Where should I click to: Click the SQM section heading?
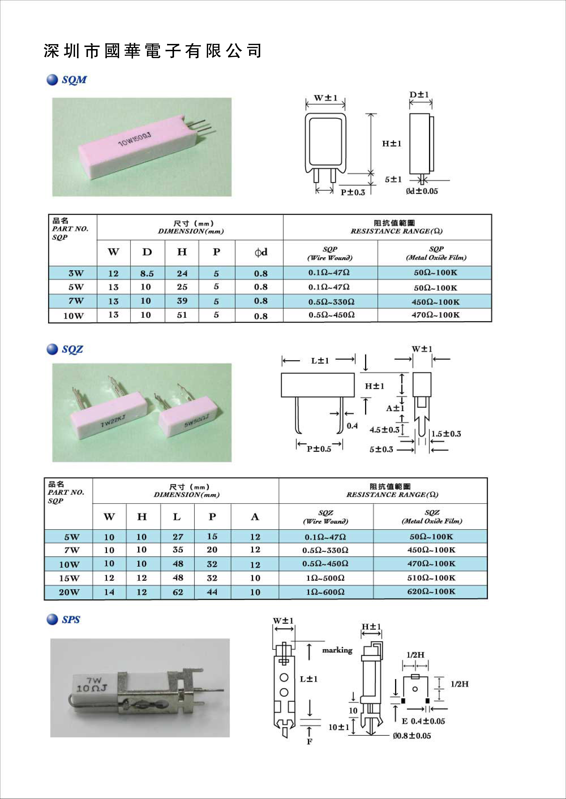[74, 80]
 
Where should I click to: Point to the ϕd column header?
[261, 252]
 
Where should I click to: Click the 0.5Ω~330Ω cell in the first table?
[331, 302]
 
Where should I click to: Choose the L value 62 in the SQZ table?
[178, 592]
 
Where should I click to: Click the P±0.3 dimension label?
[353, 192]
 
